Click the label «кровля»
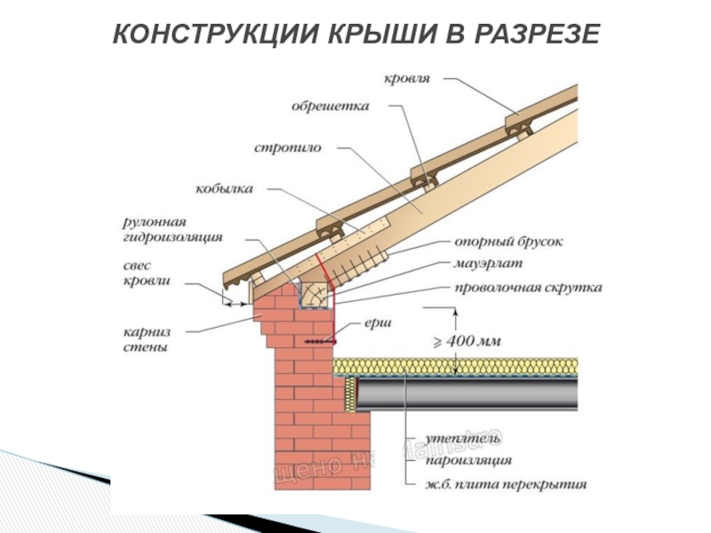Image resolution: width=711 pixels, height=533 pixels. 408,79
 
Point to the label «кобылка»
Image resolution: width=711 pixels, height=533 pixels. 227,189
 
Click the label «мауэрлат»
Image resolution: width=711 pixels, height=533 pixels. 489,265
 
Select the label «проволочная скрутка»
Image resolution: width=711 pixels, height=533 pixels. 528,288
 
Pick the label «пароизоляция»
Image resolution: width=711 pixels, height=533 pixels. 467,462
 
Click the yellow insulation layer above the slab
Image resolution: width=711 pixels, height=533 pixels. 462,368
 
